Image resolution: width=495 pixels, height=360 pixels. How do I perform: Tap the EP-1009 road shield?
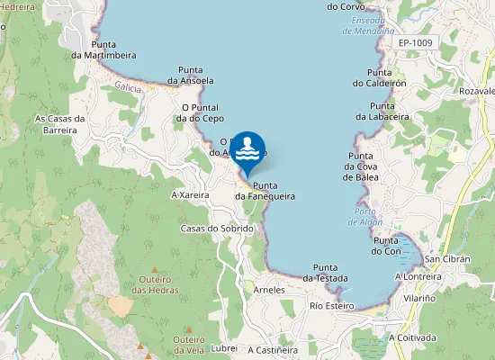click(416, 42)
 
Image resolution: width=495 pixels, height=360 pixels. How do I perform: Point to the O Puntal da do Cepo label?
click(199, 112)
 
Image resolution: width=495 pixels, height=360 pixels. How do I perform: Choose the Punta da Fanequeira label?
click(265, 191)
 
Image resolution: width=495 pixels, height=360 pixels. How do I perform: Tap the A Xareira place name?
click(189, 194)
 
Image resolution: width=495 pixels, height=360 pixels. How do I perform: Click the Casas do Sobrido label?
click(217, 229)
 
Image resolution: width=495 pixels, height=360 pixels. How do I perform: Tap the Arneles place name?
click(269, 290)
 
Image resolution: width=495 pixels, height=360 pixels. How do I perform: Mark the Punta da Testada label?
click(325, 273)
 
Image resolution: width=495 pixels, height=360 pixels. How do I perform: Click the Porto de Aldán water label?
click(365, 217)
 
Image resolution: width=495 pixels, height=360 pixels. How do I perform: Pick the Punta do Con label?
click(386, 245)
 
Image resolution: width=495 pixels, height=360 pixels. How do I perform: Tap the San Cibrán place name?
click(444, 259)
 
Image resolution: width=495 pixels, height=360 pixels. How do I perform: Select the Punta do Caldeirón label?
click(379, 77)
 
